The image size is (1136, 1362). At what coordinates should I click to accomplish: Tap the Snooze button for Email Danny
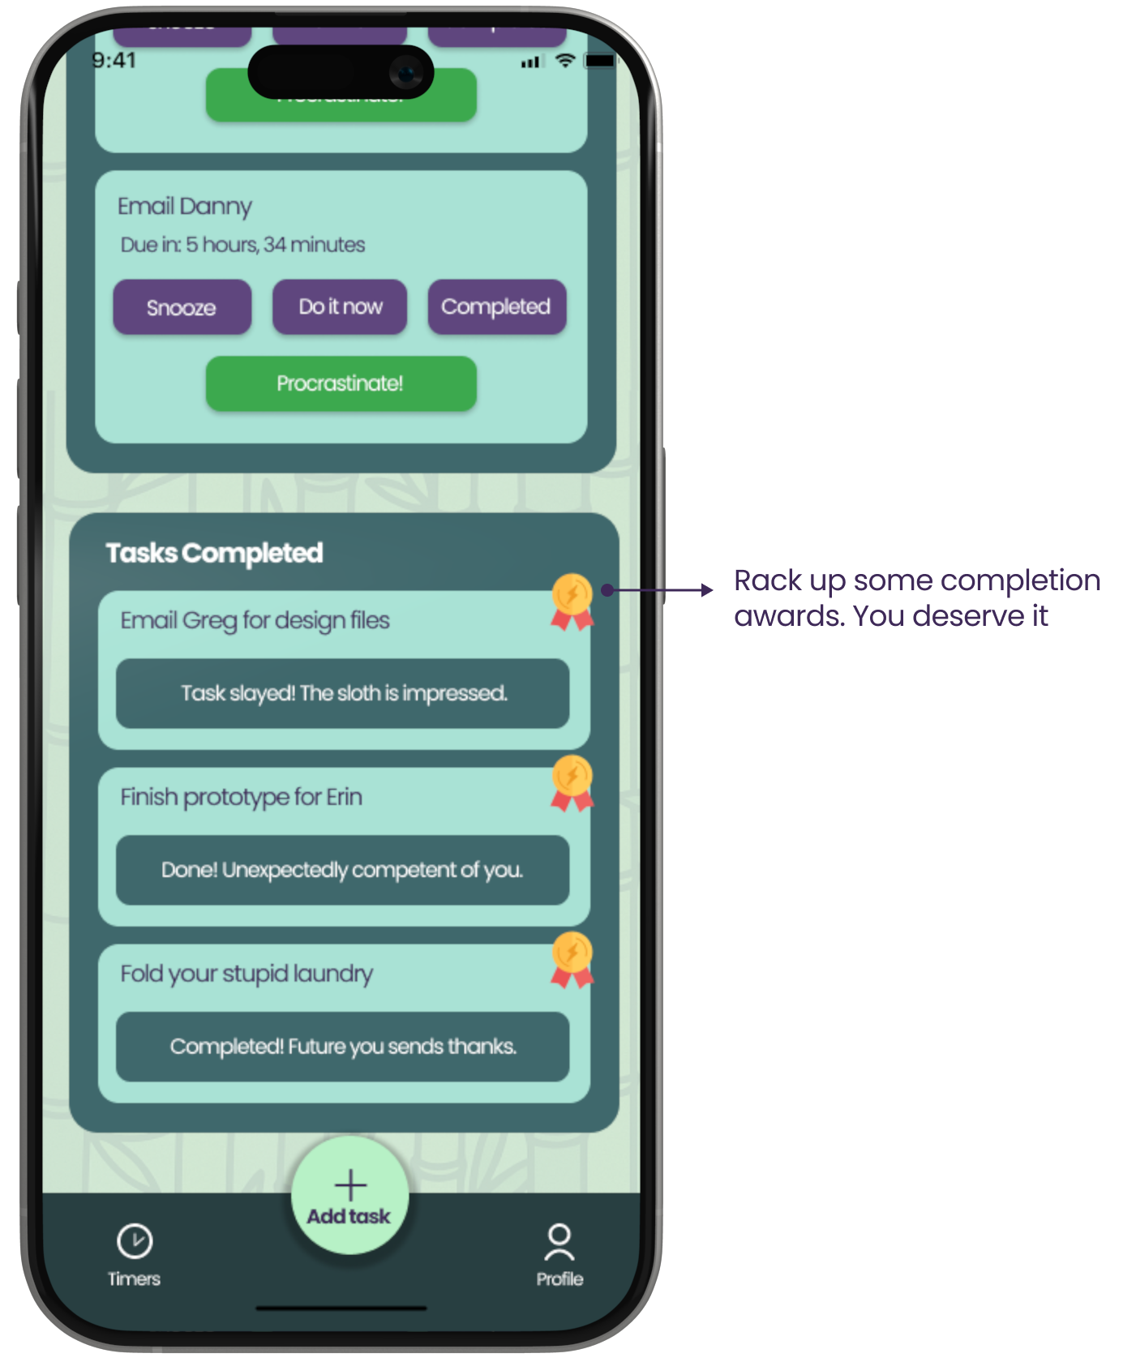pyautogui.click(x=182, y=307)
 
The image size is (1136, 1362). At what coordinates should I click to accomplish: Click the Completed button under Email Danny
pyautogui.click(x=496, y=306)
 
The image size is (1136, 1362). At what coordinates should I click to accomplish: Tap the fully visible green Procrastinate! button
pyautogui.click(x=341, y=383)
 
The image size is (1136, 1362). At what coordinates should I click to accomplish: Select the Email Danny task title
pyautogui.click(x=185, y=206)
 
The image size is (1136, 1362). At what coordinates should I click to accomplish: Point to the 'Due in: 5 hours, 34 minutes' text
pyautogui.click(x=242, y=245)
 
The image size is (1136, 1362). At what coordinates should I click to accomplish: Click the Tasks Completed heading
pyautogui.click(x=215, y=553)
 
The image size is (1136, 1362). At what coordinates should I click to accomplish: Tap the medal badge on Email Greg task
pyautogui.click(x=572, y=601)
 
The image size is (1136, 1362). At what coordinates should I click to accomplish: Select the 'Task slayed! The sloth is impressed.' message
pyautogui.click(x=343, y=694)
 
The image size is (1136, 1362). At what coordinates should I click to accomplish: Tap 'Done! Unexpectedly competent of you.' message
pyautogui.click(x=342, y=870)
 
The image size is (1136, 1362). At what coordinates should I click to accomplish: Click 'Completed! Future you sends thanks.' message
pyautogui.click(x=342, y=1047)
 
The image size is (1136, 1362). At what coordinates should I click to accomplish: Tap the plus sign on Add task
pyautogui.click(x=350, y=1185)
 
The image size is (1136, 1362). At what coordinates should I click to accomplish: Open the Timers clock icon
pyautogui.click(x=135, y=1241)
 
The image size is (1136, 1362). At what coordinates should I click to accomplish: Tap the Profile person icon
pyautogui.click(x=559, y=1243)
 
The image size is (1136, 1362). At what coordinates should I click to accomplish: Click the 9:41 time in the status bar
pyautogui.click(x=114, y=60)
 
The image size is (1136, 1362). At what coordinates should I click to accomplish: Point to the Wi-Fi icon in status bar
pyautogui.click(x=565, y=60)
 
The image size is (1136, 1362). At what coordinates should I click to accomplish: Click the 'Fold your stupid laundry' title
pyautogui.click(x=246, y=974)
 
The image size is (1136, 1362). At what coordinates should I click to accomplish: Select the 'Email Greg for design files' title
pyautogui.click(x=255, y=620)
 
